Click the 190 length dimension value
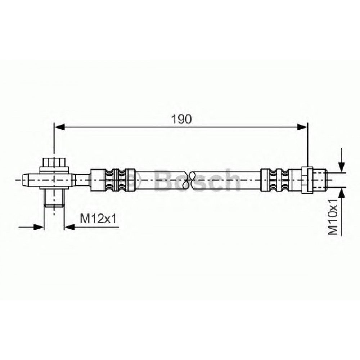(181, 119)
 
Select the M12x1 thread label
(98, 219)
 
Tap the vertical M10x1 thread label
(333, 217)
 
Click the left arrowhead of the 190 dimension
(59, 127)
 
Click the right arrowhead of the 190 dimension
(302, 127)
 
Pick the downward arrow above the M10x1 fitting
(342, 160)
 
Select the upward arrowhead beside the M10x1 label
(342, 192)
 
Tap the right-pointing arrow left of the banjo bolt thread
(31, 227)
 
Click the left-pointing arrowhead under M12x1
(70, 227)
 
